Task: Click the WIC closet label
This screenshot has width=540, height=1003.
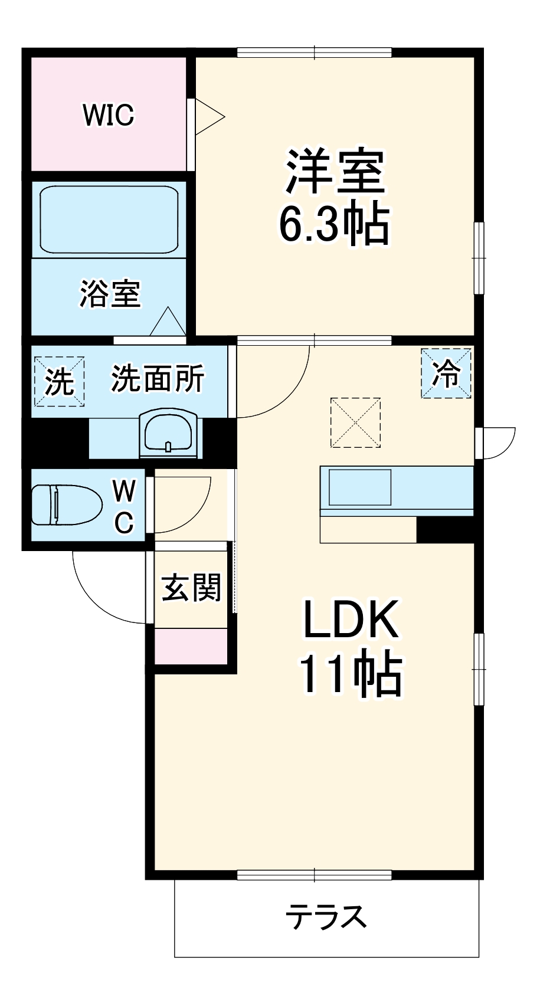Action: click(109, 114)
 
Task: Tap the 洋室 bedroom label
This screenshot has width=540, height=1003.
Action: click(335, 171)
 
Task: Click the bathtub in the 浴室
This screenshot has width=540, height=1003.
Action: click(109, 219)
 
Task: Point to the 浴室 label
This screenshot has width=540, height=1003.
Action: click(110, 293)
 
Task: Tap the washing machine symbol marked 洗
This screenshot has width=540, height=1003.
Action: click(59, 381)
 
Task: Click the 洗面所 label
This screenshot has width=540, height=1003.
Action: click(158, 378)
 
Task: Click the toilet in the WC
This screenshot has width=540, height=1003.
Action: click(65, 504)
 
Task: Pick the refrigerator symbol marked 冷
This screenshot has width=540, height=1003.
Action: click(446, 373)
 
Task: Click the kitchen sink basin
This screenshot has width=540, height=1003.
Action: click(360, 487)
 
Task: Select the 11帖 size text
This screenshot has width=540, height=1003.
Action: click(351, 674)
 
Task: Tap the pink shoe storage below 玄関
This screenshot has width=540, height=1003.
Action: click(191, 647)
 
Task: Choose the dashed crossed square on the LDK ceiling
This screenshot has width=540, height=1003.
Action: click(355, 422)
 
